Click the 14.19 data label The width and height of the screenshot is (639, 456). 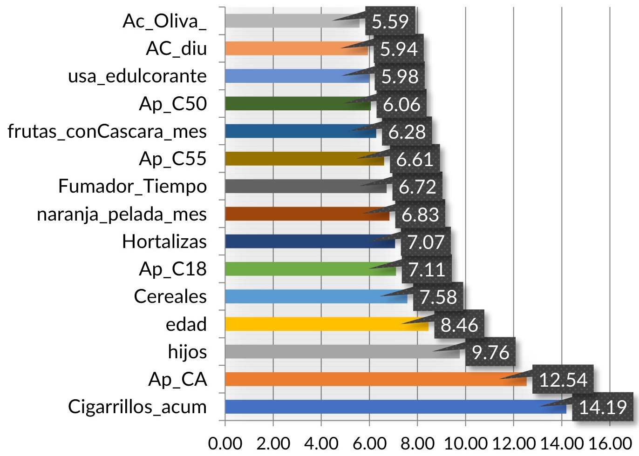click(603, 408)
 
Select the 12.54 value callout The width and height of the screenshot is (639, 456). click(563, 380)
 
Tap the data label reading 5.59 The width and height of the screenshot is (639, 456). click(390, 21)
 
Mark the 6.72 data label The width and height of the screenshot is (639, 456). click(417, 187)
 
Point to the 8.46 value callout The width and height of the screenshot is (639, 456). click(459, 325)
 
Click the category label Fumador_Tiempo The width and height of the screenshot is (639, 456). click(133, 186)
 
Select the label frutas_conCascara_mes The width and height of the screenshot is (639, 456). click(107, 131)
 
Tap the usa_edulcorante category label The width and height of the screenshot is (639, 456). click(137, 76)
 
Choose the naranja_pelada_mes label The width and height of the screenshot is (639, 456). click(122, 214)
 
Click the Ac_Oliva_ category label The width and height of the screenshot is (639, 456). click(164, 21)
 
